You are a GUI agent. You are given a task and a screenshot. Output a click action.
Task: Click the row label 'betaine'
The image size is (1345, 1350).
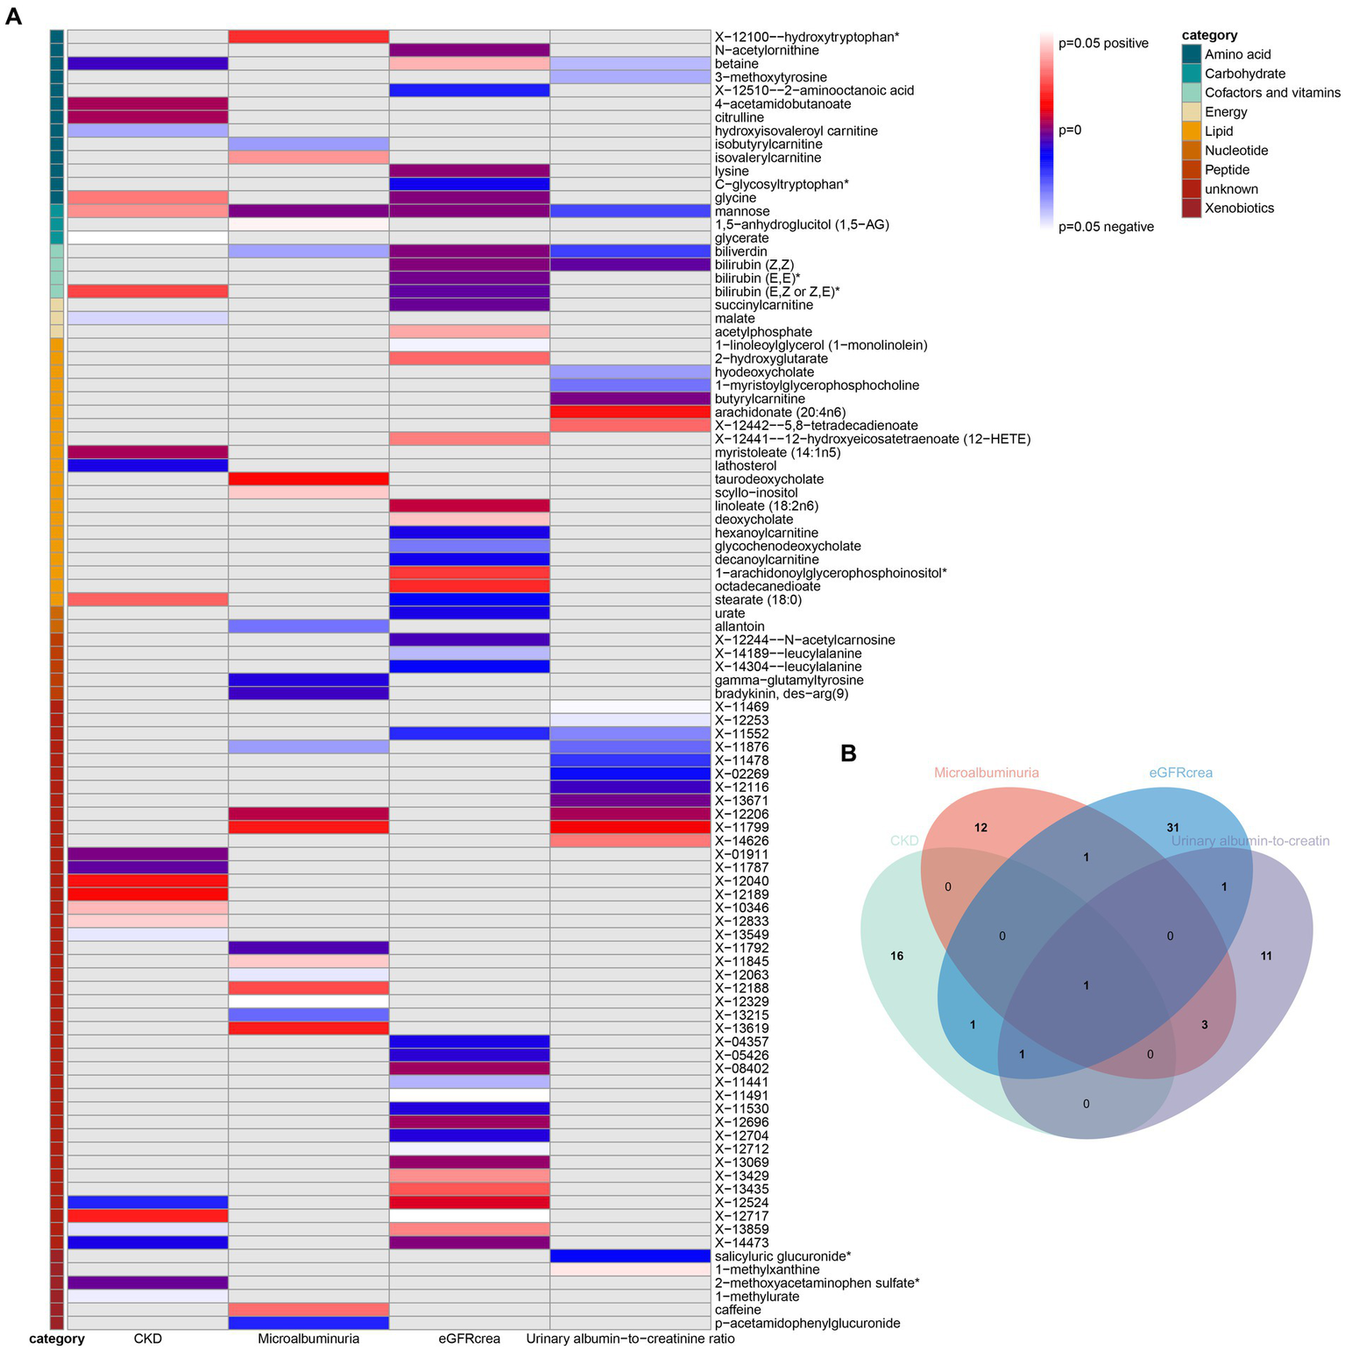tap(736, 64)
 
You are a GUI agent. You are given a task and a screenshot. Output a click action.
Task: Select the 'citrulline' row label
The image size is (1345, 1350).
tap(739, 117)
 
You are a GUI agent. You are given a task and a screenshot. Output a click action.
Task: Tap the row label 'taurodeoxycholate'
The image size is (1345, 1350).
tap(768, 479)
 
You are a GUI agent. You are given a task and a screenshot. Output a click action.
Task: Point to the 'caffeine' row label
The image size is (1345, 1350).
tap(738, 1310)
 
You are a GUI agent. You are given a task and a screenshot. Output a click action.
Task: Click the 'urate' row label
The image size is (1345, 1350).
tap(730, 613)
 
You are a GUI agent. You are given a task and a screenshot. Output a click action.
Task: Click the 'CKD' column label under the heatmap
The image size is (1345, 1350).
tap(148, 1339)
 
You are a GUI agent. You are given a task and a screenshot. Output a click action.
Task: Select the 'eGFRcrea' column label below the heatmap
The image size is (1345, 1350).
tap(470, 1339)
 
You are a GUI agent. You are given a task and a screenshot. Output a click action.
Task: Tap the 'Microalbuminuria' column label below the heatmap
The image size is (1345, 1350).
tap(308, 1339)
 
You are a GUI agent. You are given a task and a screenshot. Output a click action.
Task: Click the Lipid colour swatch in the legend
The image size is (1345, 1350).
tap(1191, 131)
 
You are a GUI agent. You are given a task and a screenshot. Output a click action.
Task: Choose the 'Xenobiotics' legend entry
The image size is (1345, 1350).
tap(1239, 209)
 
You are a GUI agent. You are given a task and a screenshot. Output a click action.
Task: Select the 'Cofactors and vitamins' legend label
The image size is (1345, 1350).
tap(1272, 93)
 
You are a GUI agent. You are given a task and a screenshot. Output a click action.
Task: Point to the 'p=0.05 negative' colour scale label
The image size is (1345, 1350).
tap(1106, 227)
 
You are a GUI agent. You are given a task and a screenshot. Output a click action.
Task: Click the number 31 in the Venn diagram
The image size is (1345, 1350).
tap(1172, 827)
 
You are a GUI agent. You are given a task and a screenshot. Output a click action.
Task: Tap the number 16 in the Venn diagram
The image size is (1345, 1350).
tap(896, 956)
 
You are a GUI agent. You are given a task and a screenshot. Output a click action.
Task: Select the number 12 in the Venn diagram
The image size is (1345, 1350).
tap(980, 827)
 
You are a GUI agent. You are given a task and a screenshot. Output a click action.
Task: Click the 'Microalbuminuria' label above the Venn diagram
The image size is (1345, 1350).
tap(987, 773)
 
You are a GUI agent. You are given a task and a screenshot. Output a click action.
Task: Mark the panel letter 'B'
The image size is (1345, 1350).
tap(848, 753)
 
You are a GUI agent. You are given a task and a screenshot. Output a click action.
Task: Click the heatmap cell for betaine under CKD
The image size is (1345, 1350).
tap(148, 64)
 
